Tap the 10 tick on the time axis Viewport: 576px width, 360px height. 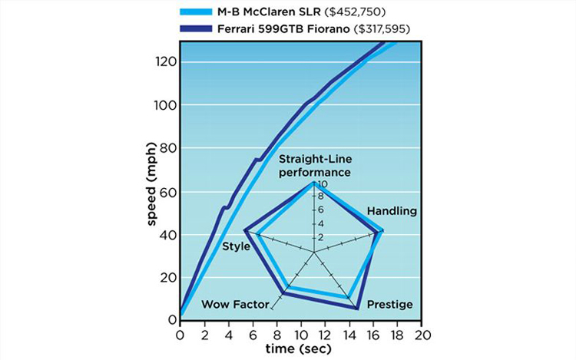pyautogui.click(x=300, y=335)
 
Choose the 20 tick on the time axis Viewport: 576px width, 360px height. pyautogui.click(x=422, y=335)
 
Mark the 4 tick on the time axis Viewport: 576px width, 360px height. pyautogui.click(x=228, y=335)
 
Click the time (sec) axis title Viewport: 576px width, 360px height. pyautogui.click(x=300, y=350)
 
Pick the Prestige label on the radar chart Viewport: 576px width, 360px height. pyautogui.click(x=390, y=305)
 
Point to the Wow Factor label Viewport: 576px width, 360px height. pyautogui.click(x=235, y=305)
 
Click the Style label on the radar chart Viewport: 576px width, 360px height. pyautogui.click(x=236, y=246)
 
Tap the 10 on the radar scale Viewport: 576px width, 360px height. pyautogui.click(x=323, y=185)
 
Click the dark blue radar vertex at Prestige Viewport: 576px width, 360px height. pyautogui.click(x=357, y=309)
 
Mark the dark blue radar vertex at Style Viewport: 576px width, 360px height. pyautogui.click(x=244, y=230)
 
